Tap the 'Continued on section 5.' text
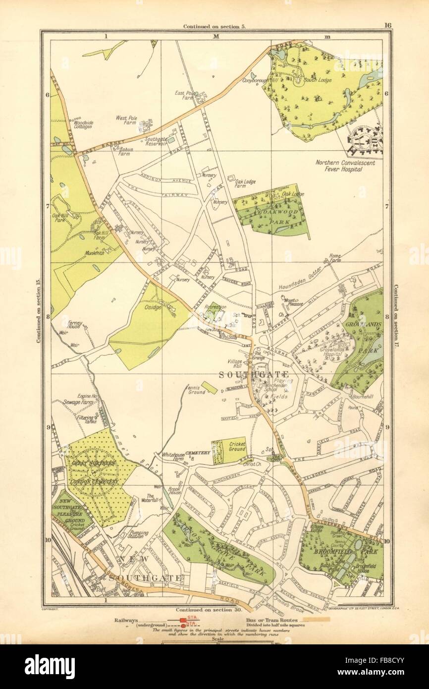coord(214,26)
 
